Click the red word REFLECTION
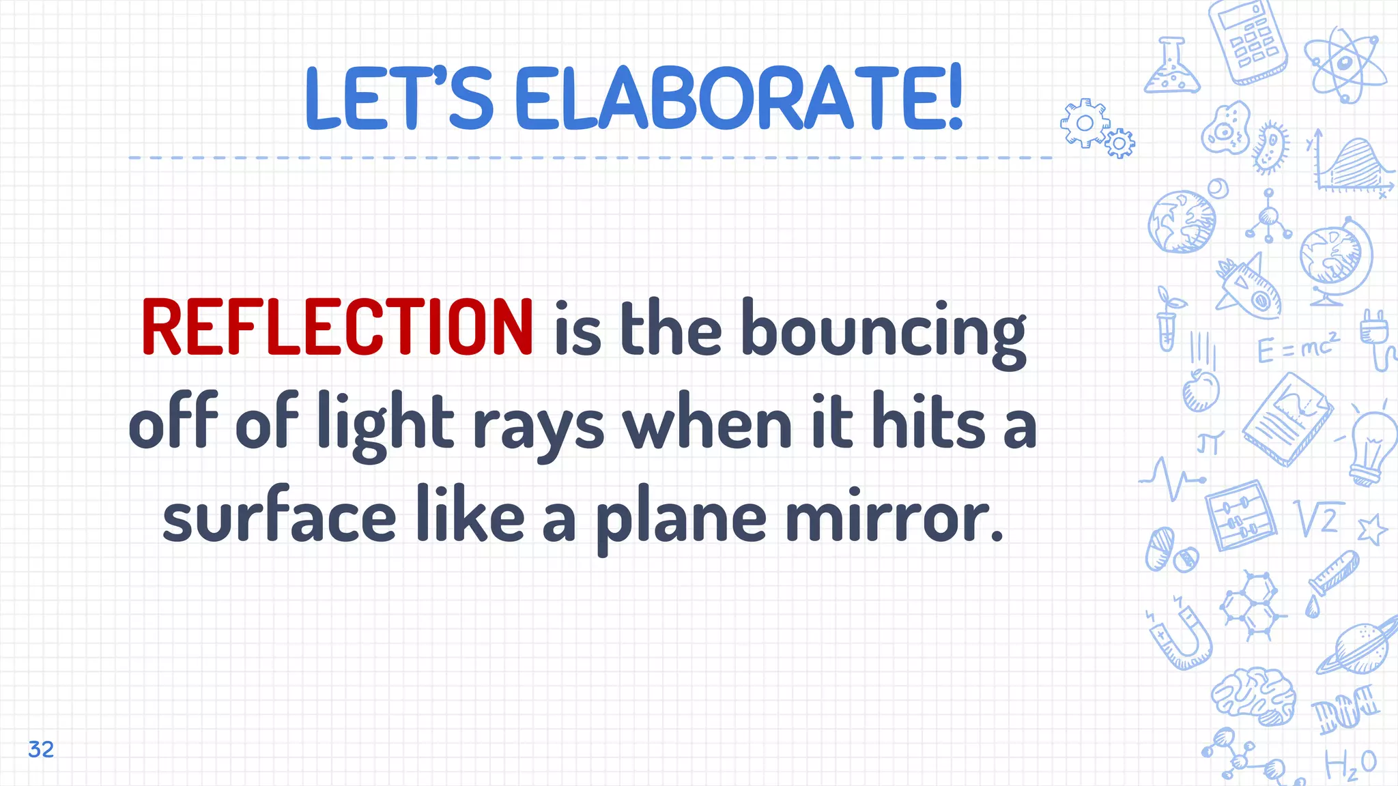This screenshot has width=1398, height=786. click(x=337, y=327)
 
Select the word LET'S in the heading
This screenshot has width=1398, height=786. click(x=399, y=98)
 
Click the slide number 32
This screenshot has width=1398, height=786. click(x=41, y=749)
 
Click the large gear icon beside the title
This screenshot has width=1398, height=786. click(x=1084, y=123)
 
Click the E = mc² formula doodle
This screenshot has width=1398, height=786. click(x=1298, y=348)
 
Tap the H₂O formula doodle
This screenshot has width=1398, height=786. click(x=1350, y=764)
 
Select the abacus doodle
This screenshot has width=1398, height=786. click(x=1240, y=515)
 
